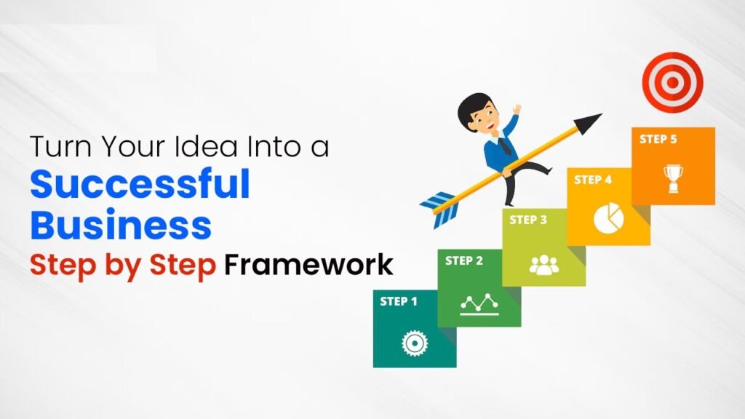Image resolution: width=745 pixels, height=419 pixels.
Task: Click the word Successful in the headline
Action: [140, 184]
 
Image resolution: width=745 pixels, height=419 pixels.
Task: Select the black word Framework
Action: [308, 265]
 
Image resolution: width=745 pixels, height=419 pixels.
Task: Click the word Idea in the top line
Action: [206, 146]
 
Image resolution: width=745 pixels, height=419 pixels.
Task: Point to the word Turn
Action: [60, 146]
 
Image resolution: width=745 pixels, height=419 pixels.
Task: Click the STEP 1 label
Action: [399, 301]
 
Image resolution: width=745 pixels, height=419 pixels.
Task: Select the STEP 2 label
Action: [463, 260]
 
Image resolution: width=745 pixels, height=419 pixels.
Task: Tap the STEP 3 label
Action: [528, 220]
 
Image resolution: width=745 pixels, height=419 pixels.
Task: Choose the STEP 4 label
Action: [593, 180]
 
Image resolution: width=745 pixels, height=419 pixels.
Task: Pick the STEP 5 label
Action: [658, 139]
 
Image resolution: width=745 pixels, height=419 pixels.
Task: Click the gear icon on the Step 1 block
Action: [415, 343]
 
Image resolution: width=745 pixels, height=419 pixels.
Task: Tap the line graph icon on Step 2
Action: [479, 305]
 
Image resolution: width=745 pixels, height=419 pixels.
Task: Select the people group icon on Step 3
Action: [544, 265]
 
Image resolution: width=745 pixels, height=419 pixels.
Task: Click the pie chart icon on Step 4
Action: [609, 218]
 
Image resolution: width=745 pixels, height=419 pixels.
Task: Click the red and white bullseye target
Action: [672, 82]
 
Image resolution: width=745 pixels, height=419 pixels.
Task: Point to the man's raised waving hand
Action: [516, 109]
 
